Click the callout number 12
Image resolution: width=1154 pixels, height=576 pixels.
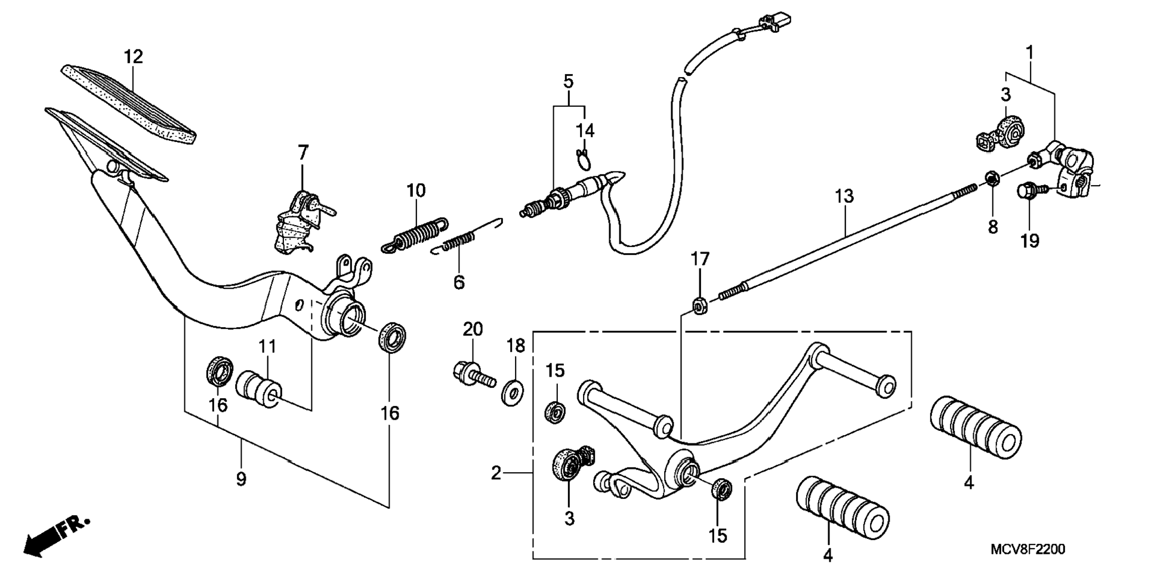pyautogui.click(x=134, y=57)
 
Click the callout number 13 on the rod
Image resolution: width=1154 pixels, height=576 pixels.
pyautogui.click(x=844, y=196)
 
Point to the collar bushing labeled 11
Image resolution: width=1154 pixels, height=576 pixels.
pyautogui.click(x=260, y=389)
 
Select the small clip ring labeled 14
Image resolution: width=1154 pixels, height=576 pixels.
pyautogui.click(x=585, y=158)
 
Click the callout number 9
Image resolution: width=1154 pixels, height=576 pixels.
pyautogui.click(x=241, y=479)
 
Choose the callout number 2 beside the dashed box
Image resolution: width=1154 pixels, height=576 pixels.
pyautogui.click(x=496, y=473)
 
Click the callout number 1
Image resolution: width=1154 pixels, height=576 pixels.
pyautogui.click(x=1029, y=53)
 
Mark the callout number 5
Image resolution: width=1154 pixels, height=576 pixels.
pyautogui.click(x=568, y=81)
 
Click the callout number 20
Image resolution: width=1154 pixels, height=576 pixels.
pyautogui.click(x=473, y=329)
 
